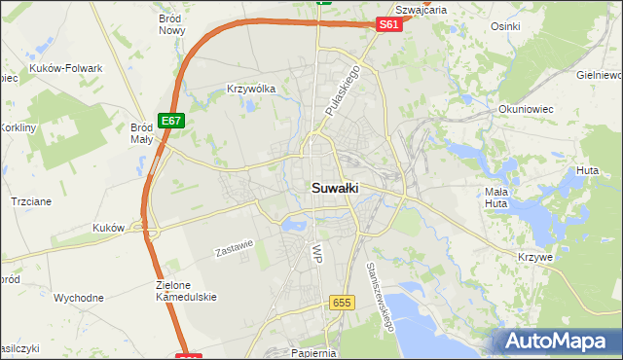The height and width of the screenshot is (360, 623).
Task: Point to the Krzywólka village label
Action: pos(251,89)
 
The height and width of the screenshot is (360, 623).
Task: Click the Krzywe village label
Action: pos(535,257)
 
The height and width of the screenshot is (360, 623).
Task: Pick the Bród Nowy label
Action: pos(172,24)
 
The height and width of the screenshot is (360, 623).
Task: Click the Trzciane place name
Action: pos(31,200)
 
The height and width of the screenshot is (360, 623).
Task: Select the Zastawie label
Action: pos(234,249)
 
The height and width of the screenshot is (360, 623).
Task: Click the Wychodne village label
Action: pos(79,298)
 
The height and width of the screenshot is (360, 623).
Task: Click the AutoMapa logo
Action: pos(558,341)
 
